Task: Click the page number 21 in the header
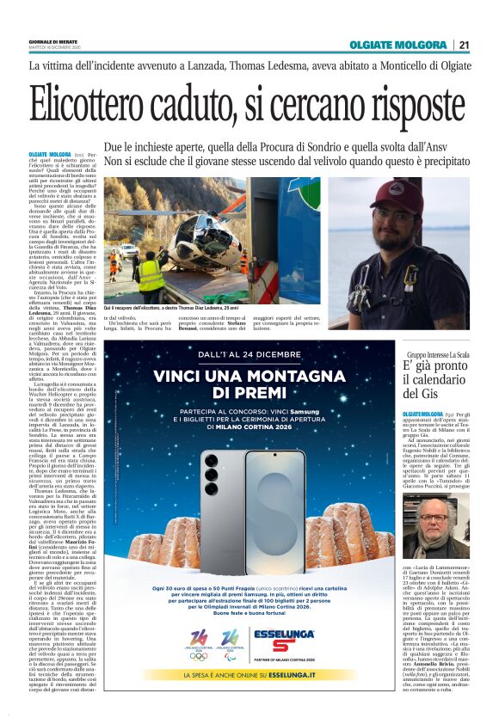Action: coord(465,45)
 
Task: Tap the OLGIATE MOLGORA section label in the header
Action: coord(397,45)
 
